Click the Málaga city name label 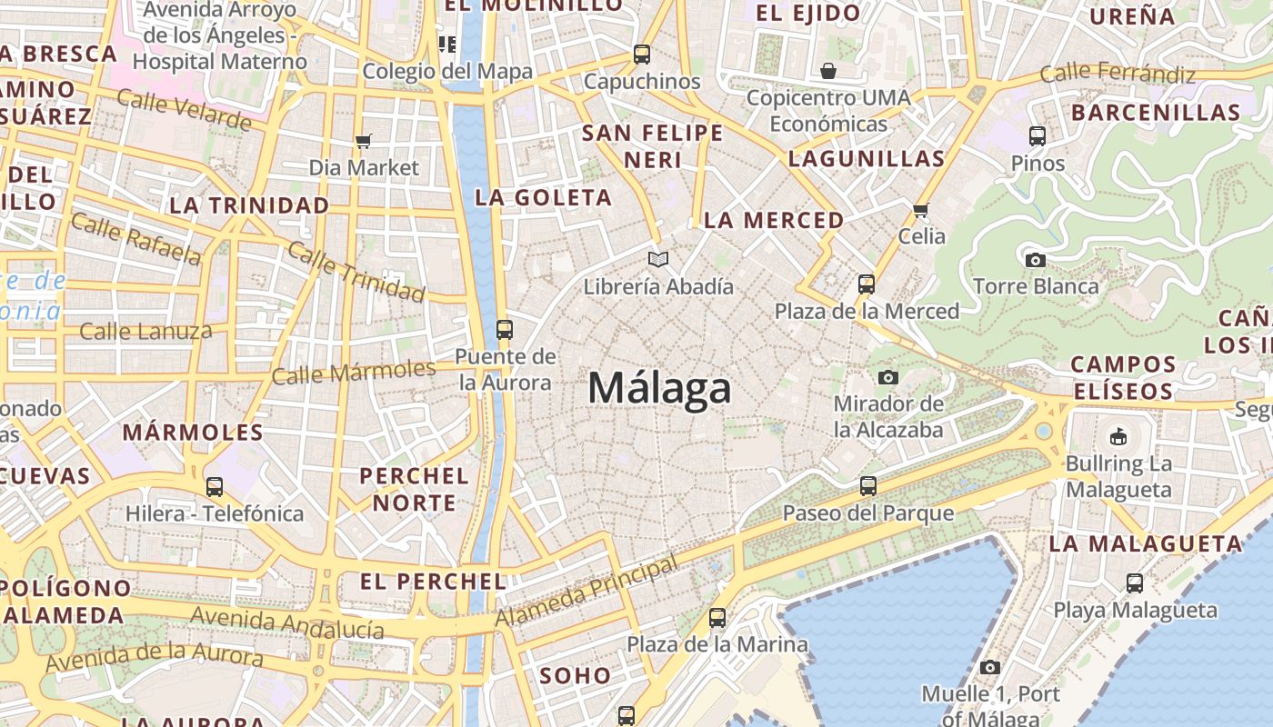[x=659, y=389]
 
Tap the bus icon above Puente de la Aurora [x=505, y=329]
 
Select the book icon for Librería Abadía [x=658, y=260]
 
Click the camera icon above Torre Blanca [x=1035, y=260]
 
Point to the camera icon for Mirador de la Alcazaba [x=888, y=377]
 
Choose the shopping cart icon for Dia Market [x=364, y=141]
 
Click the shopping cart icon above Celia [x=920, y=211]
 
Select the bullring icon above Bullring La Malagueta [x=1118, y=437]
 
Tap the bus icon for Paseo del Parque [x=868, y=486]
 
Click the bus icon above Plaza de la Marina [x=717, y=618]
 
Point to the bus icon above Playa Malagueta [x=1135, y=583]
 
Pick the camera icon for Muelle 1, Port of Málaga [x=990, y=668]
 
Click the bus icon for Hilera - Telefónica [x=215, y=487]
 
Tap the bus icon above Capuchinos [x=642, y=55]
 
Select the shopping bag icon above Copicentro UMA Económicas [x=828, y=71]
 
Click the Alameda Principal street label [x=587, y=593]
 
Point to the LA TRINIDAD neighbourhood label [x=249, y=205]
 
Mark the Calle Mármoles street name [x=354, y=372]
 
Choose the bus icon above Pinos [x=1037, y=136]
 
